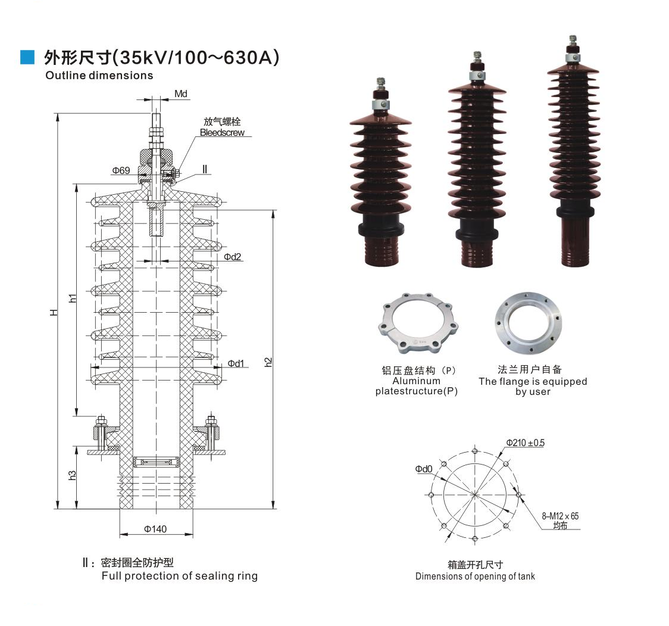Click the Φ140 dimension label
[x=155, y=528]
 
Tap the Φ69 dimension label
[x=121, y=170]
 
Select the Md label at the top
[x=181, y=94]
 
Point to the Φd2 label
[x=232, y=257]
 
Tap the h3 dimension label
[x=72, y=475]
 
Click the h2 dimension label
[x=268, y=362]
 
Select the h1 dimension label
[x=73, y=298]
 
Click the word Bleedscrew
[x=222, y=133]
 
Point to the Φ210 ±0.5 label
[x=526, y=443]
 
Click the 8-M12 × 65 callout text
[x=560, y=516]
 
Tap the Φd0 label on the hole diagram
[x=424, y=469]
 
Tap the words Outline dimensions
[x=99, y=76]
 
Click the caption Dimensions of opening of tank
[x=475, y=576]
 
